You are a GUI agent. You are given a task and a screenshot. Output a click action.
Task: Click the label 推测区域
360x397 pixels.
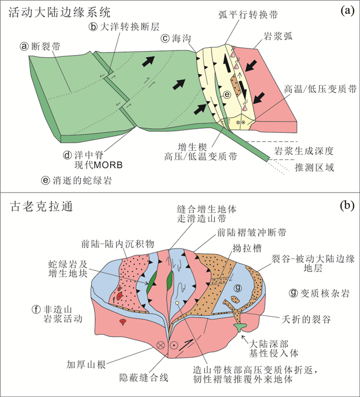point(314,167)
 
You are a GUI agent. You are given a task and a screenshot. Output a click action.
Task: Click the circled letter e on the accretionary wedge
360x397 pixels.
point(227,95)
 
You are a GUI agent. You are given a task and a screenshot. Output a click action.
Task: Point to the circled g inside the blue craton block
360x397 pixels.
point(238,287)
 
